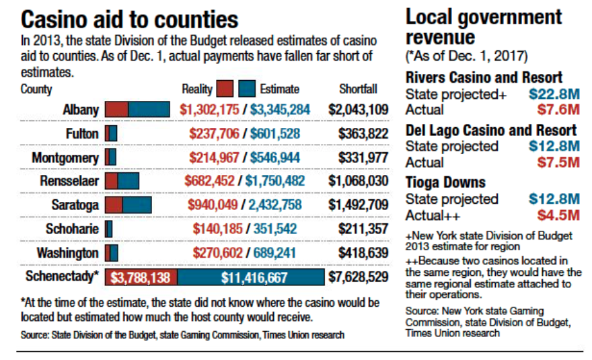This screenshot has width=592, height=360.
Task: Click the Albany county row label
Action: [81, 110]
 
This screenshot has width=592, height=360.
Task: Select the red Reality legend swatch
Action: [225, 89]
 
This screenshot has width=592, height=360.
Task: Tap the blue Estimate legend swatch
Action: [247, 89]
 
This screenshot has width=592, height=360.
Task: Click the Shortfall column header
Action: [358, 89]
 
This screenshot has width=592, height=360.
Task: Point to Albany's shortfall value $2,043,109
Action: [358, 110]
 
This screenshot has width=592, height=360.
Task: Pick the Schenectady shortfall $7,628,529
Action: [358, 277]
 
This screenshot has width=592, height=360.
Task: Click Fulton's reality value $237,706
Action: [209, 134]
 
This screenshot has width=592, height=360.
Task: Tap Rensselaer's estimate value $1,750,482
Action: [274, 181]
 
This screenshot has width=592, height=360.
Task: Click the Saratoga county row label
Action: [75, 205]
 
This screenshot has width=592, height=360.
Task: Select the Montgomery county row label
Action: [65, 157]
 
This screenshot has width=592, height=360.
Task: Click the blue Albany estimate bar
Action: [149, 110]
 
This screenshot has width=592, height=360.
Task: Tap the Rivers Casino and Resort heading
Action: [484, 77]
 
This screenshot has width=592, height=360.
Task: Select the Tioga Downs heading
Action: [445, 182]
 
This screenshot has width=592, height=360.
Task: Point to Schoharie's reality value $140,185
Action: [216, 229]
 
